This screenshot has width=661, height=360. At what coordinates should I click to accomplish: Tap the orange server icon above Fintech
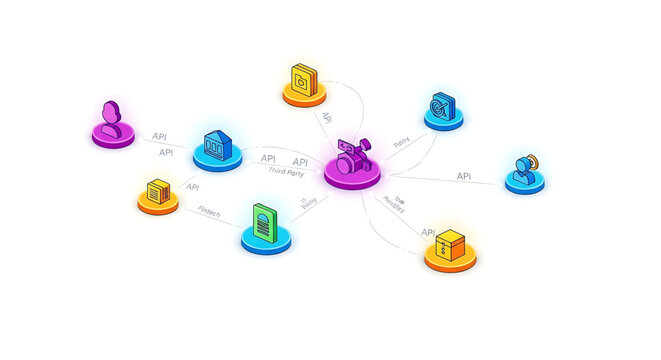click(x=157, y=190)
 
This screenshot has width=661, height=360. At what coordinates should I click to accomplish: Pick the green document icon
click(x=263, y=221)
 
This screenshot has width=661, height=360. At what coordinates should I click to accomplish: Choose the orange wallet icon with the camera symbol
click(x=303, y=79)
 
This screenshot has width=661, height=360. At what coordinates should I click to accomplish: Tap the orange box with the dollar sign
click(x=451, y=242)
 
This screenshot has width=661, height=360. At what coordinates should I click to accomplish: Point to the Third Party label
click(x=288, y=172)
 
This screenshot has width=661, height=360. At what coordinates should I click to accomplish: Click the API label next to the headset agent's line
click(x=464, y=176)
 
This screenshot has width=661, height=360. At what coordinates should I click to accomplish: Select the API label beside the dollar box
click(x=427, y=232)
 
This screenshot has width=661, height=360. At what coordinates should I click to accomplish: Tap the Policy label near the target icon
click(x=401, y=143)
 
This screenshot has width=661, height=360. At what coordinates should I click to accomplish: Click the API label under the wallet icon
click(x=328, y=117)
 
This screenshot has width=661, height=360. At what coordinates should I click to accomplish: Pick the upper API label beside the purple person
click(x=159, y=136)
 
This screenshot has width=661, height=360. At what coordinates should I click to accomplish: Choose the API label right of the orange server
click(x=192, y=187)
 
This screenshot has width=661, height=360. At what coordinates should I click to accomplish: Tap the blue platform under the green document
click(x=265, y=242)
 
